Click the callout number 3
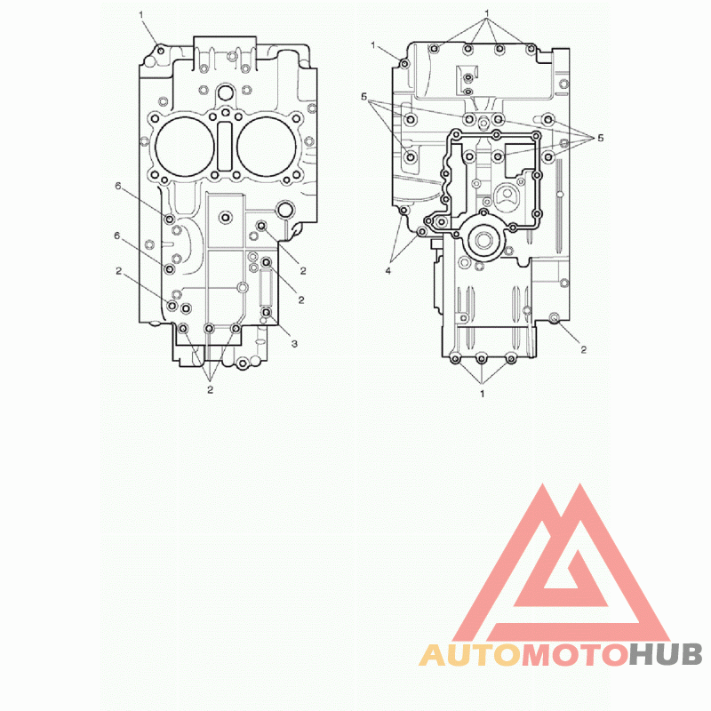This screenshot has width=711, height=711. pyautogui.click(x=294, y=344)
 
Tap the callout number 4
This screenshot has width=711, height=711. pyautogui.click(x=388, y=271)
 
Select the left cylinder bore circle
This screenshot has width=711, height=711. pyautogui.click(x=185, y=146)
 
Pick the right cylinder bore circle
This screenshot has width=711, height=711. pyautogui.click(x=266, y=146)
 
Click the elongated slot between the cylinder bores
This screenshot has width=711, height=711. pyautogui.click(x=225, y=146)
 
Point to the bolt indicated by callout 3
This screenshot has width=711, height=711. pyautogui.click(x=267, y=313)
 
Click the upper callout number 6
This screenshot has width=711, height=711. pyautogui.click(x=118, y=186)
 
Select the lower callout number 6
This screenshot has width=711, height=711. pyautogui.click(x=117, y=236)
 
